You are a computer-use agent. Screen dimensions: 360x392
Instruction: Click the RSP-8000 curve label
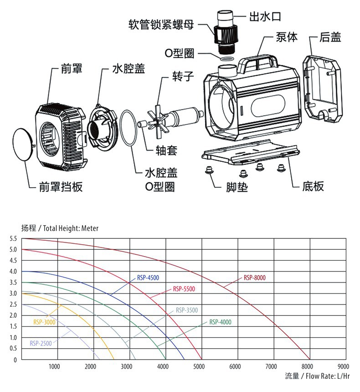point(254,278)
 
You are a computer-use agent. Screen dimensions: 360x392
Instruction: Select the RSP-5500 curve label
point(184,289)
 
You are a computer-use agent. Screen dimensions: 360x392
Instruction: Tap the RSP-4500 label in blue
point(148,278)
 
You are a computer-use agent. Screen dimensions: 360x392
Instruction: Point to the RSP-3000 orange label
point(44,322)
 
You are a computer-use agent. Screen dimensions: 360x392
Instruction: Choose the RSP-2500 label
point(41,343)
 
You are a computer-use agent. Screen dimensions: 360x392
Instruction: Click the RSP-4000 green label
point(220,322)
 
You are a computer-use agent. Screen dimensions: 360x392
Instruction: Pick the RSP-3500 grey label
point(187,310)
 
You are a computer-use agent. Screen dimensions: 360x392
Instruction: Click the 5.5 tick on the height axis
point(13,239)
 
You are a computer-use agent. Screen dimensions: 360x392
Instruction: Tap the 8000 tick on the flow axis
point(307,366)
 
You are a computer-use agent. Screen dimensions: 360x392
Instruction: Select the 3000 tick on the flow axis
point(127,366)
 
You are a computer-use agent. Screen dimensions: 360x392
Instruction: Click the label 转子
point(183,76)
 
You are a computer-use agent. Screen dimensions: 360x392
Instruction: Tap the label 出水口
point(265,17)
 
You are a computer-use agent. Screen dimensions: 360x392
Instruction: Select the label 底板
point(313,186)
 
